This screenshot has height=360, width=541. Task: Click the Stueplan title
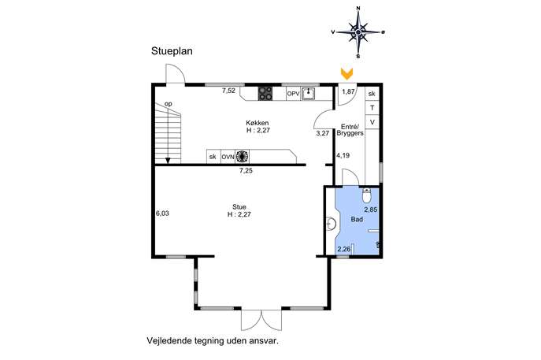[x=172, y=51]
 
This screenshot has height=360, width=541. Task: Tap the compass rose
[x=358, y=32]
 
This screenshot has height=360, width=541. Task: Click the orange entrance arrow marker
[x=346, y=73]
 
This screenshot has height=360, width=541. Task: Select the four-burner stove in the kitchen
[x=265, y=94]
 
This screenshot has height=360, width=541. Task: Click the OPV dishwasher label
[x=293, y=94]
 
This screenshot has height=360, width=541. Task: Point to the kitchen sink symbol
[x=308, y=94]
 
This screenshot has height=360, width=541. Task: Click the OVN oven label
[x=228, y=157]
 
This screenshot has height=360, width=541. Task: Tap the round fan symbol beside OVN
[x=243, y=156]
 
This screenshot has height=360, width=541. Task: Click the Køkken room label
[x=258, y=123]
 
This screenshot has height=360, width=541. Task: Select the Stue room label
[x=239, y=206]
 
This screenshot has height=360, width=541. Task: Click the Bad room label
[x=357, y=219]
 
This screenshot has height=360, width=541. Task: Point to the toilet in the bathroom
[x=366, y=195]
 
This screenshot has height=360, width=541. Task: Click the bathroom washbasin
[x=332, y=224]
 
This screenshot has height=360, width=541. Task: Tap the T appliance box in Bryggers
[x=372, y=108]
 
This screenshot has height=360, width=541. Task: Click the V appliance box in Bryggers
[x=372, y=122]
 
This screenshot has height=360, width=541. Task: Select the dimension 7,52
[x=228, y=91]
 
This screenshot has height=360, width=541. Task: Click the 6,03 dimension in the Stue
[x=162, y=213]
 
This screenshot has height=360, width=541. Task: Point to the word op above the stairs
[x=169, y=104]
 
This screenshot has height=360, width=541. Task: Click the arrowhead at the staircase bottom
[x=168, y=161]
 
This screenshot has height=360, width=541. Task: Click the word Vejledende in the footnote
[x=169, y=340]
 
